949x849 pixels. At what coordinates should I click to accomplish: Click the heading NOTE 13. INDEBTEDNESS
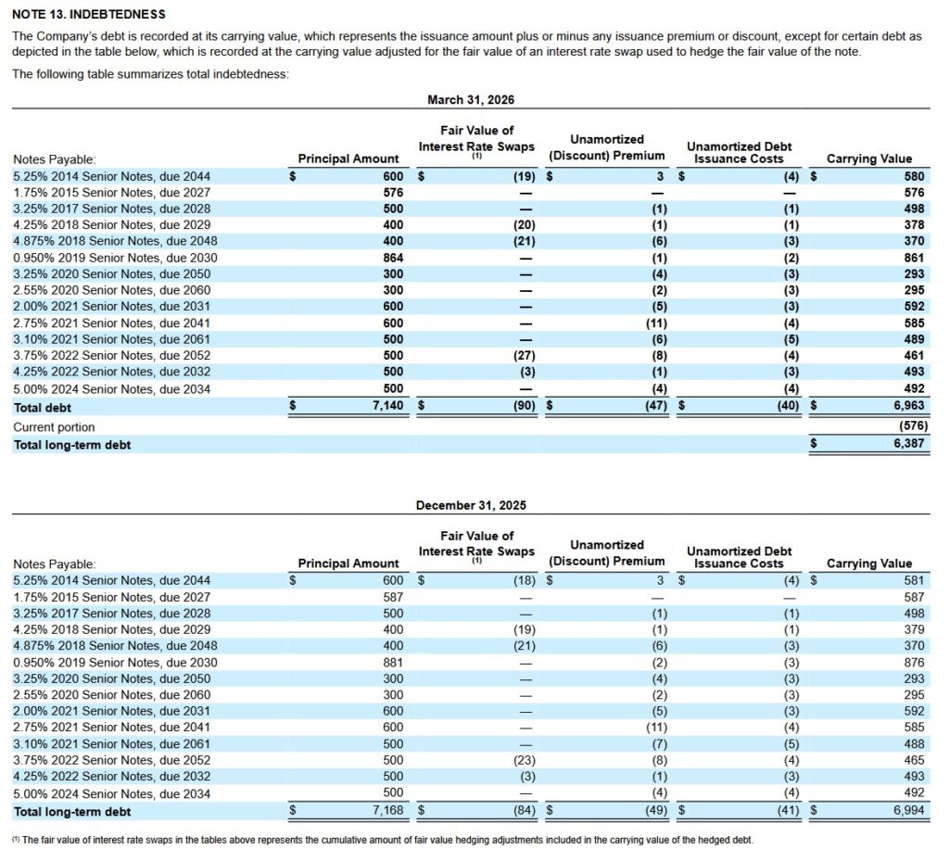pyautogui.click(x=88, y=15)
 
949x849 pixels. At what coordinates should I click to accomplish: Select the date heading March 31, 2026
pyautogui.click(x=471, y=99)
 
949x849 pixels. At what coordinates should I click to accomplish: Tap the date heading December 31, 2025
pyautogui.click(x=471, y=505)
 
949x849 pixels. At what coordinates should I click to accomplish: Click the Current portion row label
pyautogui.click(x=54, y=427)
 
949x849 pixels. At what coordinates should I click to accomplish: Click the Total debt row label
pyautogui.click(x=43, y=407)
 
